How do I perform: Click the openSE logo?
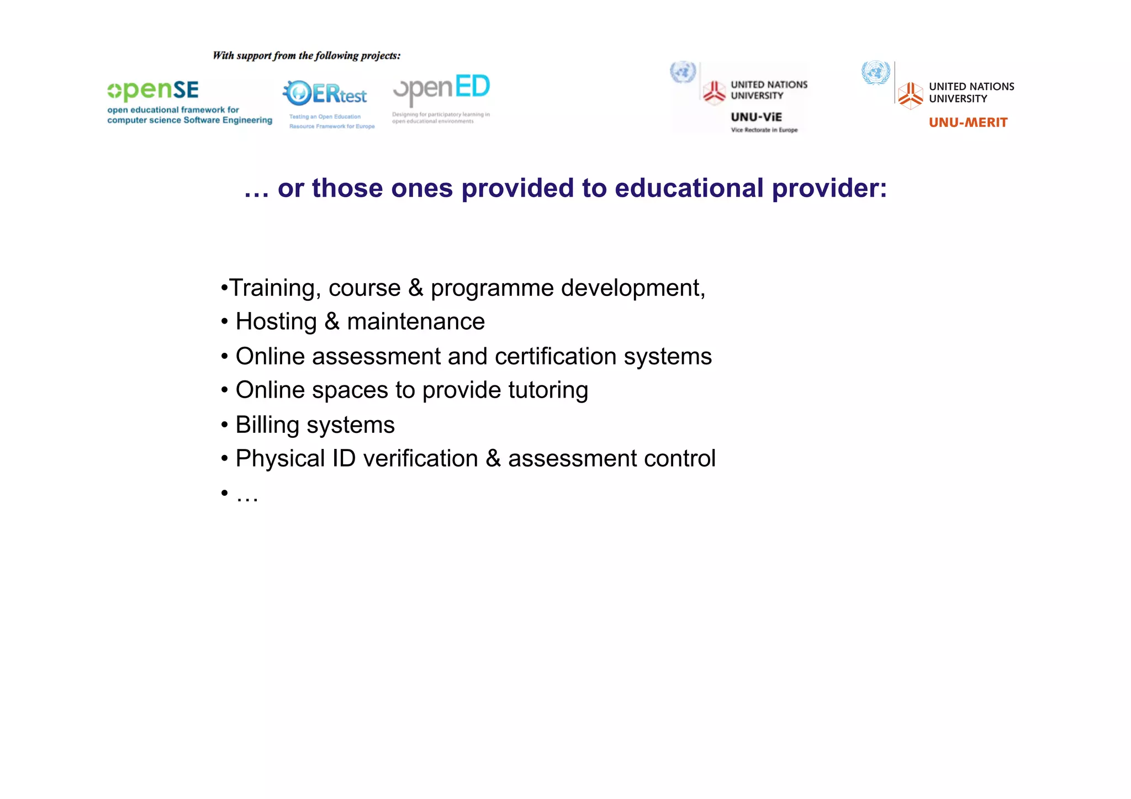click(x=153, y=91)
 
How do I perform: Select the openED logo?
click(x=441, y=89)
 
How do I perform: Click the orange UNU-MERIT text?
click(x=968, y=123)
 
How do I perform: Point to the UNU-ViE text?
click(x=756, y=117)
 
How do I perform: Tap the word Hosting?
click(x=276, y=322)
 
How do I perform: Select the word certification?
click(x=556, y=357)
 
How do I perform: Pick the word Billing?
click(x=267, y=425)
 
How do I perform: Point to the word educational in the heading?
click(x=689, y=188)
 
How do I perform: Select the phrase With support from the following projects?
click(x=306, y=56)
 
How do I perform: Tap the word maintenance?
click(x=416, y=322)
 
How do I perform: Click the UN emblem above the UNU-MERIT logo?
click(x=876, y=73)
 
